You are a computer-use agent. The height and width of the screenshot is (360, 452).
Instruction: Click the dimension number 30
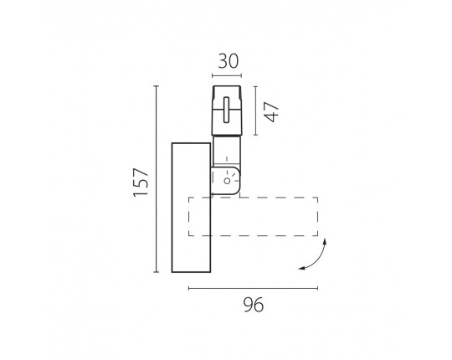pos(229,61)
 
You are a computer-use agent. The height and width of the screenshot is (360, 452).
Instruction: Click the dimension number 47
pos(272,112)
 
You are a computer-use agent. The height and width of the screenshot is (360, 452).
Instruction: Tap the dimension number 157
pos(141,182)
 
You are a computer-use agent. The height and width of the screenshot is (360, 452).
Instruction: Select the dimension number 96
pos(254,305)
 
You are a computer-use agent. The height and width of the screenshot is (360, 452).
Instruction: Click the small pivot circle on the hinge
pos(227,181)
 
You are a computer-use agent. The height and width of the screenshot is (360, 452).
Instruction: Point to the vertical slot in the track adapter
pos(227,110)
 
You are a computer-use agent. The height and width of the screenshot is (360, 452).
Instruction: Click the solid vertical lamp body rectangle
pos(191,208)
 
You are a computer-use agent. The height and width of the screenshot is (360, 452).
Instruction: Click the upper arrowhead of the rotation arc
pos(325,241)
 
